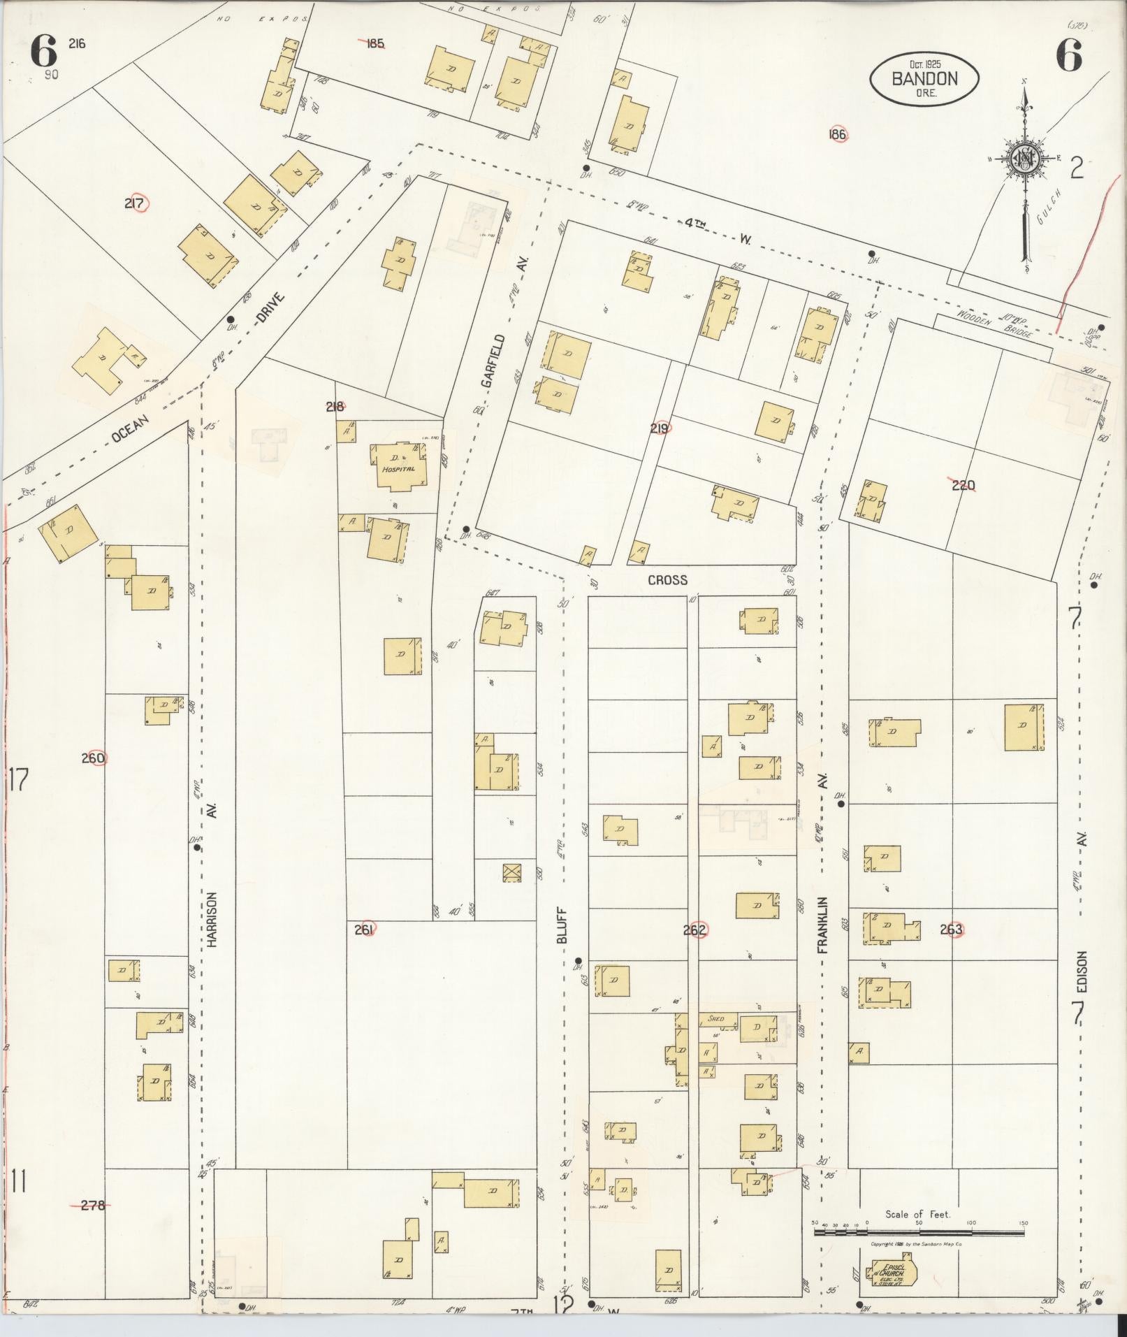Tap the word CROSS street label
point(667,579)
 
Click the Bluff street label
point(563,926)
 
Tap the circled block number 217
point(135,203)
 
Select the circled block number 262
point(695,930)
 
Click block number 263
point(952,930)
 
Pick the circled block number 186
point(838,134)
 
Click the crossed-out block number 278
point(92,1205)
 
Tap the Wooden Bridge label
point(996,324)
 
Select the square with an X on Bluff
point(512,873)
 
